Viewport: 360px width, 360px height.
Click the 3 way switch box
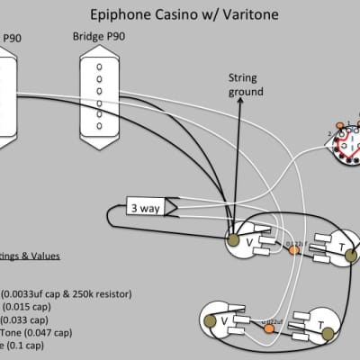[144, 206]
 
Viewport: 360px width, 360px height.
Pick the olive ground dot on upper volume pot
[234, 241]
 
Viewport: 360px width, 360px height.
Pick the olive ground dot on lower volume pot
[208, 319]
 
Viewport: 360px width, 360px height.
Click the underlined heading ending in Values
[31, 256]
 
